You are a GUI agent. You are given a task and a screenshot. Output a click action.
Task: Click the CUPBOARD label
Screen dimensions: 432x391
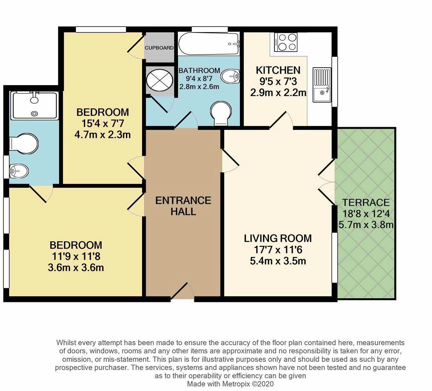coord(159,47)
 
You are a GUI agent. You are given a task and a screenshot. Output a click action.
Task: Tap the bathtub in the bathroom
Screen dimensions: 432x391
coord(209,44)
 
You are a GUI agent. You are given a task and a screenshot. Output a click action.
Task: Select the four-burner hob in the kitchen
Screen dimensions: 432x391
coord(286,42)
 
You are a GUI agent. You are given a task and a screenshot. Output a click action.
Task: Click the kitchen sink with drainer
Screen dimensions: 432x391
coord(321,85)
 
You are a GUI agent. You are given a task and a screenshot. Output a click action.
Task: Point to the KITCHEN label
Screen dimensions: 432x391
coord(278,70)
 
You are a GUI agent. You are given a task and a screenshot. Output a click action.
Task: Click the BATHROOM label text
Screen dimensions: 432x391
coord(199,71)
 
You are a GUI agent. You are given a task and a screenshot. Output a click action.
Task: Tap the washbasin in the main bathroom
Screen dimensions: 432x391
coord(230,76)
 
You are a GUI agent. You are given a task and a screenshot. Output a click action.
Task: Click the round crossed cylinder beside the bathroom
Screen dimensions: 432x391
coord(159,80)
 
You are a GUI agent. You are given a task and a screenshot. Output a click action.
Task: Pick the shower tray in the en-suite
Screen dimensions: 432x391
coord(34,106)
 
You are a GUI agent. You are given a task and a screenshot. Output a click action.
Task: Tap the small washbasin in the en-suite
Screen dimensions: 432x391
coord(19,171)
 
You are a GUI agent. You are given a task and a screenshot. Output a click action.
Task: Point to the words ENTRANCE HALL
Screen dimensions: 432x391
coord(183,206)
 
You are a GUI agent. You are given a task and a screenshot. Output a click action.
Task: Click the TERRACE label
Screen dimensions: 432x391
coord(366,202)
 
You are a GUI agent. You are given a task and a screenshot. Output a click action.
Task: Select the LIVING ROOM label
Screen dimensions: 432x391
coord(278,238)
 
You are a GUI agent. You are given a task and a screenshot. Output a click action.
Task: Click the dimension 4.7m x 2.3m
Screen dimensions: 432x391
coord(103,135)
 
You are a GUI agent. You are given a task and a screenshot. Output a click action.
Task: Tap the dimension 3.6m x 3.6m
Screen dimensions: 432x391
coord(76,268)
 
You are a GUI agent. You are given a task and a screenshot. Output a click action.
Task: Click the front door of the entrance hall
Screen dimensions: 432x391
coord(182,291)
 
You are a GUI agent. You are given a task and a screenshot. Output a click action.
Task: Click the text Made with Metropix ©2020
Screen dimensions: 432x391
coord(230,384)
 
